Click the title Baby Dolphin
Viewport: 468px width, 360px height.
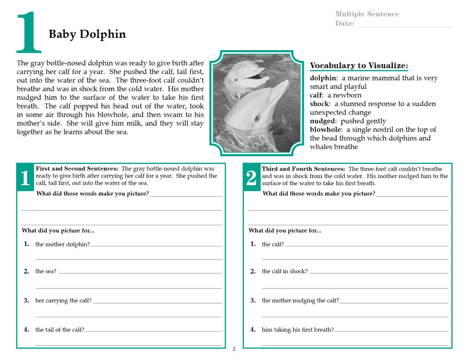tap(87, 35)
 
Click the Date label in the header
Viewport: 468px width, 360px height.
tap(345, 23)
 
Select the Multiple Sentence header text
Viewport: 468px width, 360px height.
tap(367, 14)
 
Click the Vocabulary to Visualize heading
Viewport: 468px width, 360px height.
tap(359, 66)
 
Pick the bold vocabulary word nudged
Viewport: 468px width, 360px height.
tap(323, 121)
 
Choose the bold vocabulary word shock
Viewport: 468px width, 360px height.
tap(320, 104)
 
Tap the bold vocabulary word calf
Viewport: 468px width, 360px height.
tap(316, 95)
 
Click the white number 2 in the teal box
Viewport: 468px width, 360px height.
tap(251, 179)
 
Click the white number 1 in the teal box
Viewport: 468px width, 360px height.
tap(25, 179)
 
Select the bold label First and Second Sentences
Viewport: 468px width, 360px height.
tap(77, 169)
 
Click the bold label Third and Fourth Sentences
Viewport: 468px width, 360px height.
tap(303, 169)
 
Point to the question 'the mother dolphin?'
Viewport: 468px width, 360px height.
tap(62, 244)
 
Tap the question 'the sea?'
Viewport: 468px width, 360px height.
tap(46, 271)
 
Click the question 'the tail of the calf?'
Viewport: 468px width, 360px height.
tap(60, 330)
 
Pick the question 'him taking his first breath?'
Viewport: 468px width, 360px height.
tap(298, 330)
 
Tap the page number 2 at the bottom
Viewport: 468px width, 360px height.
tap(234, 349)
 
